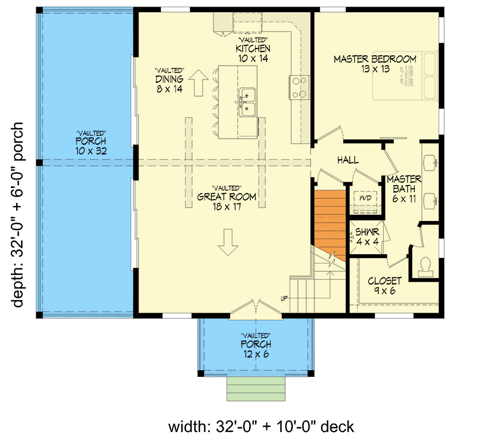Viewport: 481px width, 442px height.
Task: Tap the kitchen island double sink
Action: tap(247, 102)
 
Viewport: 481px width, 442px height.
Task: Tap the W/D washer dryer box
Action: tap(366, 198)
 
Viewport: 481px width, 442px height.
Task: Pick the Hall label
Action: tap(348, 160)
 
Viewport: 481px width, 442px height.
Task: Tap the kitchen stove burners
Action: tap(298, 87)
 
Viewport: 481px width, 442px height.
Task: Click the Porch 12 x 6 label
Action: tap(255, 349)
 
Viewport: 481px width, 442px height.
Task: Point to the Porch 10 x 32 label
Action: tap(91, 145)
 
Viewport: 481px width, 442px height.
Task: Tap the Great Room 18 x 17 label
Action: tap(227, 201)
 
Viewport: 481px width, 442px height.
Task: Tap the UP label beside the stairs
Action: tap(285, 299)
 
